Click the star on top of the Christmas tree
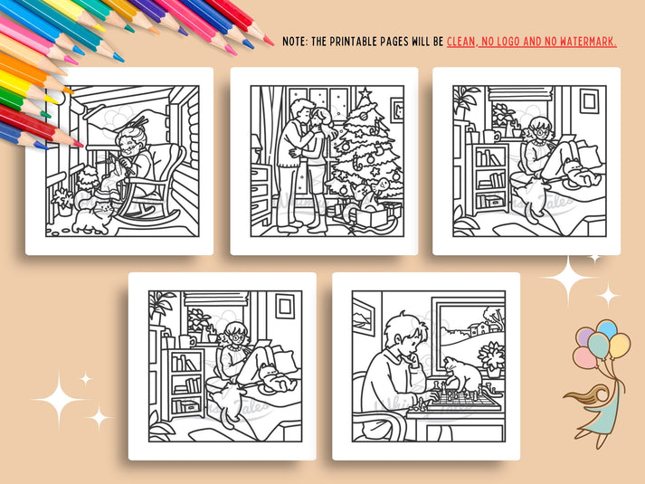pyautogui.click(x=364, y=93)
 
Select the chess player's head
pyautogui.click(x=403, y=333)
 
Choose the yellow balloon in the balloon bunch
pyautogui.click(x=620, y=345)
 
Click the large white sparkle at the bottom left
pyautogui.click(x=60, y=398)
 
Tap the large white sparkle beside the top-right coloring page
pyautogui.click(x=567, y=280)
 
